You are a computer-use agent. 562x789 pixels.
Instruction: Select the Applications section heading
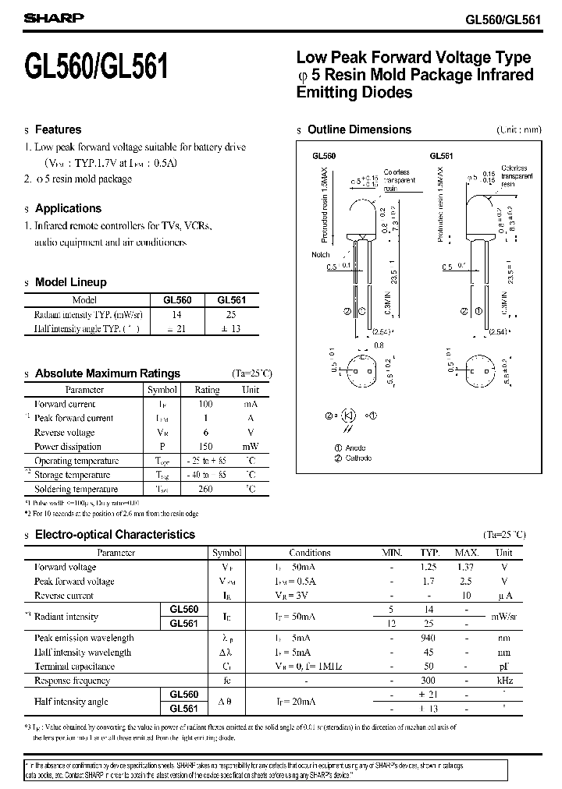pos(68,208)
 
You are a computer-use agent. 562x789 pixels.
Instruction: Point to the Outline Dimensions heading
pos(359,129)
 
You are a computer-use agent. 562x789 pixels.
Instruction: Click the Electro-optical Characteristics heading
pos(115,535)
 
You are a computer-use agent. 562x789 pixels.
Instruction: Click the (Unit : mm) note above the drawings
pos(518,130)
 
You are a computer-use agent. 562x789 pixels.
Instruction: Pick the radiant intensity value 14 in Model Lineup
pos(176,314)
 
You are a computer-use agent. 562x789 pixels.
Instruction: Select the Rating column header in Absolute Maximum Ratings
pos(207,390)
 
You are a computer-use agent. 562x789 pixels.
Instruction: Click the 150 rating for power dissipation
pos(207,447)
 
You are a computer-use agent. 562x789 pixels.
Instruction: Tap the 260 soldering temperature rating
pos(207,489)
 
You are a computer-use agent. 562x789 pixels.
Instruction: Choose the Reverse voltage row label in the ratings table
pos(65,433)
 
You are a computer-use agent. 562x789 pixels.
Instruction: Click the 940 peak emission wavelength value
pos(426,638)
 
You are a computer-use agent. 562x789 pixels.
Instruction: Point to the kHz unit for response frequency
pos(504,681)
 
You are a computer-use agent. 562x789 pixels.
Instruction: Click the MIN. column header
pos(391,553)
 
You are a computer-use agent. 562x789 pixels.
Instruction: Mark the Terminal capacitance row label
pos(76,667)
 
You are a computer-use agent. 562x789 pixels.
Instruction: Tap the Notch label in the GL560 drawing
pos(321,254)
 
